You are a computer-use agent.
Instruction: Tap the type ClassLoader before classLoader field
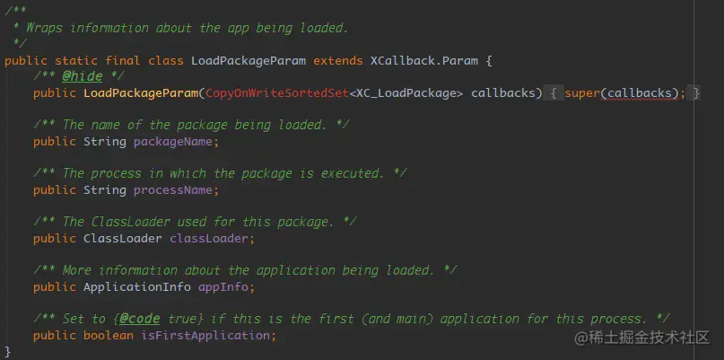pos(122,238)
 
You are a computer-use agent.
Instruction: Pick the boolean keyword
pos(108,335)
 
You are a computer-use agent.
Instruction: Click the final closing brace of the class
pos(8,350)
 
